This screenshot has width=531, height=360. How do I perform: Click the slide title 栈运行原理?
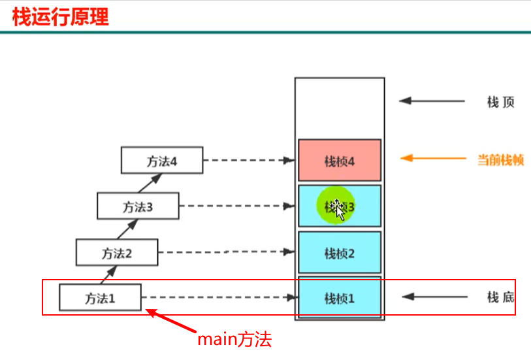(x=60, y=16)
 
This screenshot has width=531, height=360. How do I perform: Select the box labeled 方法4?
(x=162, y=161)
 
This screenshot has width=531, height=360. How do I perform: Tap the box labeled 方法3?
(x=137, y=206)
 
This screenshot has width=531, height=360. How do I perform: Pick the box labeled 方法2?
(x=117, y=252)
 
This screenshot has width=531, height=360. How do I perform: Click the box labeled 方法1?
(x=100, y=298)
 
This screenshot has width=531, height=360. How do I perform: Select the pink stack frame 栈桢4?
(x=339, y=160)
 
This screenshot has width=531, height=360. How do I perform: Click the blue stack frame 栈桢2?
(x=339, y=252)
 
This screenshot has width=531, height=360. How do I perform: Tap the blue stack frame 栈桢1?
(x=339, y=298)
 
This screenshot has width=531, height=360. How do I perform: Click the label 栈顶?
(x=500, y=102)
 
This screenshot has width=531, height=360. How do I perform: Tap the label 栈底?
(x=500, y=298)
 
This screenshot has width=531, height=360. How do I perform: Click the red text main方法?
(x=234, y=340)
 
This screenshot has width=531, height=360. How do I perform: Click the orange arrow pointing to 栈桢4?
(x=431, y=158)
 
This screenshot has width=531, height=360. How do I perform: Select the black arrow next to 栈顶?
(x=431, y=101)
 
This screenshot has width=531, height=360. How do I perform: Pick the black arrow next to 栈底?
(x=434, y=297)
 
